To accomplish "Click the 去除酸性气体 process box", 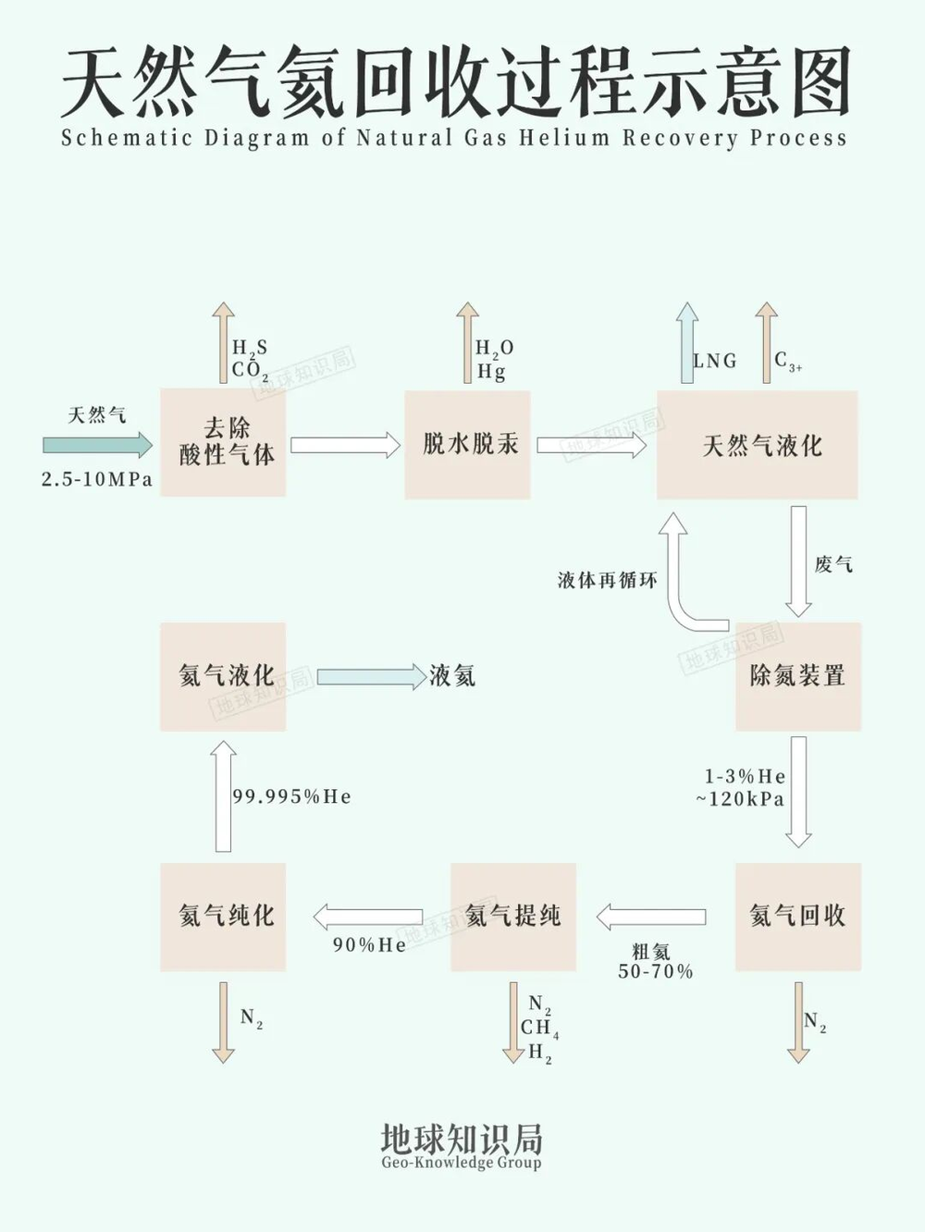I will click(223, 443).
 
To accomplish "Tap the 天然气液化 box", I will click(758, 445).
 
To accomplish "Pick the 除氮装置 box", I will click(797, 676).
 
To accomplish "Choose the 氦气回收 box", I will click(797, 917).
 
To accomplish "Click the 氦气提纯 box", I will click(512, 917).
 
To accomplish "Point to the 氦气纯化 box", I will click(223, 917).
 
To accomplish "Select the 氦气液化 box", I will click(223, 676).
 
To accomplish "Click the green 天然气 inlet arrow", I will click(97, 446).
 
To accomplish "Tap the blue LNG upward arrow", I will click(686, 342).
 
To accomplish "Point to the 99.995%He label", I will click(291, 796).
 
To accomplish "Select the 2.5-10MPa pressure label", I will click(97, 479).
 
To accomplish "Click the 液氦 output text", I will click(452, 676).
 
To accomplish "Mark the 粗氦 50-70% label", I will click(655, 961).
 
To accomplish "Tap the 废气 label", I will click(833, 564).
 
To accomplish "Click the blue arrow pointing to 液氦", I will click(370, 676).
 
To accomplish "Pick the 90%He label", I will click(369, 944).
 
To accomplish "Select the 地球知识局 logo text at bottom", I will click(461, 1139).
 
